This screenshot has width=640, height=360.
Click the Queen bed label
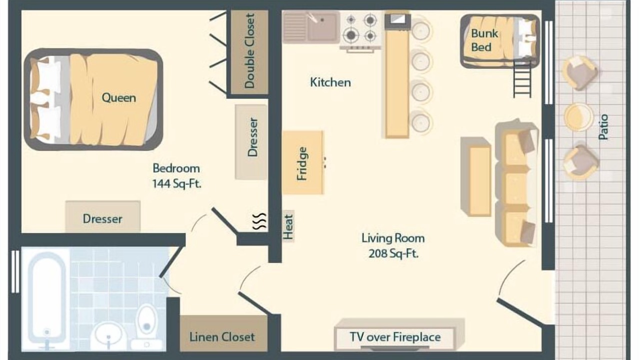tap(119, 97)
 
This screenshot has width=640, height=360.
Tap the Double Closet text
tap(249, 51)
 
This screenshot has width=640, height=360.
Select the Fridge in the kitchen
tap(303, 162)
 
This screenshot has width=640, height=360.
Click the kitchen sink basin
tap(322, 26)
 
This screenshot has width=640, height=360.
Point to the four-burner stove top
tap(360, 28)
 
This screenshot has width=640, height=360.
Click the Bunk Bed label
tap(484, 40)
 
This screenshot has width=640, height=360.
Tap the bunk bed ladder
tap(522, 80)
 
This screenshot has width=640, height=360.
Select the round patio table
tap(578, 117)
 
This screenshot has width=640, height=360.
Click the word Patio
tap(603, 127)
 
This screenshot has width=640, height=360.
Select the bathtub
tap(47, 300)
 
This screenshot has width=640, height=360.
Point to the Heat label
tap(288, 227)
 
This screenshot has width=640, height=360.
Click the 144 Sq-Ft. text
tap(177, 183)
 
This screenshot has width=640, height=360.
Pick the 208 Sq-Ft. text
tap(393, 253)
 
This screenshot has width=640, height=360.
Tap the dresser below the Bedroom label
tap(103, 216)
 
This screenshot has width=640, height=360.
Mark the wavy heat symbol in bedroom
tap(259, 221)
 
